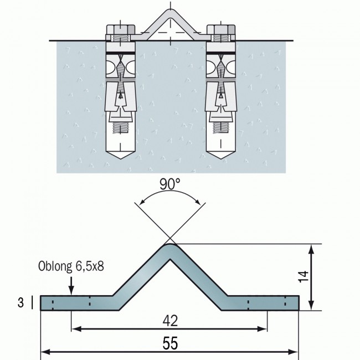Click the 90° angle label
click(x=170, y=184)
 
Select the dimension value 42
click(x=169, y=320)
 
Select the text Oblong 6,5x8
click(x=71, y=268)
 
